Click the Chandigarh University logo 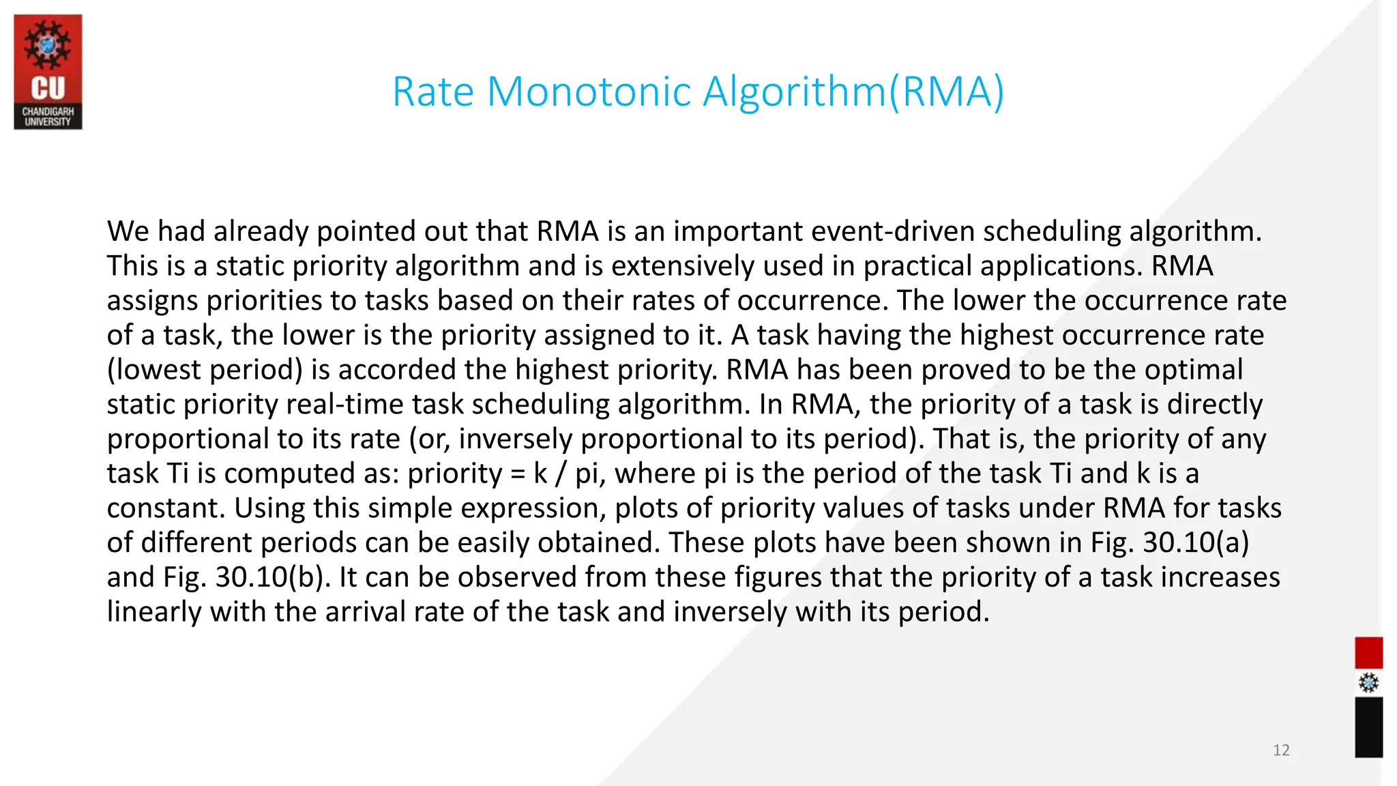point(48,72)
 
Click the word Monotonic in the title point(589,91)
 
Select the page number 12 point(1281,751)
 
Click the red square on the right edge point(1368,652)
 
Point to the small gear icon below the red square point(1368,682)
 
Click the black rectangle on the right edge point(1368,727)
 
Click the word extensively point(683,266)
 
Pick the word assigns point(152,301)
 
